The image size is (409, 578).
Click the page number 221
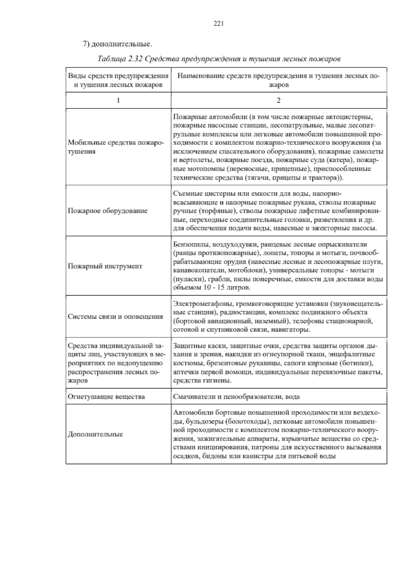tap(218, 24)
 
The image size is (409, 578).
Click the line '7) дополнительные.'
tap(117, 44)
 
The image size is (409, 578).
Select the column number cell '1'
tap(118, 100)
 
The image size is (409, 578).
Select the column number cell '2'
tap(279, 100)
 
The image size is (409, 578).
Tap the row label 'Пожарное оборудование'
tap(108, 211)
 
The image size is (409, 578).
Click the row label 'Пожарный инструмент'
tap(105, 266)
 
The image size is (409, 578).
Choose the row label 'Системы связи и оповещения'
tap(116, 316)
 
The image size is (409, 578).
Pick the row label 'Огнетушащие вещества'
tap(106, 397)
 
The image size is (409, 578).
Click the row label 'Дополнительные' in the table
tap(95, 434)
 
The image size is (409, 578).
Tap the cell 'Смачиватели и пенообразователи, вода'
tap(237, 397)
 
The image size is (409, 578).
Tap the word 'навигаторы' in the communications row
tap(293, 330)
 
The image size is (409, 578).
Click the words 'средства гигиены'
tap(202, 380)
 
